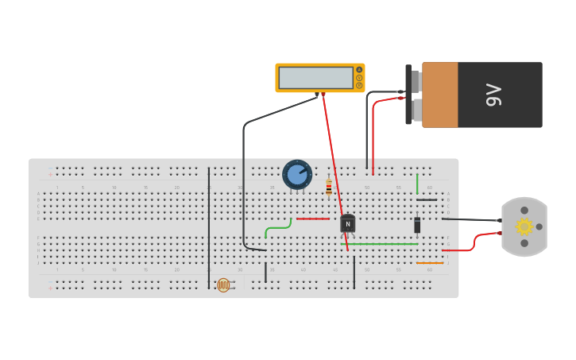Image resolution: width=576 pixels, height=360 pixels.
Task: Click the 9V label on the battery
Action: click(x=493, y=95)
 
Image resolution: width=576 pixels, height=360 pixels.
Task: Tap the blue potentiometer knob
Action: click(x=296, y=174)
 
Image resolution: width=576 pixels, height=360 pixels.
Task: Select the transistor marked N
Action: click(x=347, y=224)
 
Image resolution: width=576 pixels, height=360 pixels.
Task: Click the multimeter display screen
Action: click(x=315, y=78)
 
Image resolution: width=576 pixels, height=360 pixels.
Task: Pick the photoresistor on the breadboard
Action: click(x=223, y=285)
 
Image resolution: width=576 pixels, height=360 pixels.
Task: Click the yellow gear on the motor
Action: click(x=524, y=226)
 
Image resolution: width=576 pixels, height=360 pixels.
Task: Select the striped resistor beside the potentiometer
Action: click(x=329, y=188)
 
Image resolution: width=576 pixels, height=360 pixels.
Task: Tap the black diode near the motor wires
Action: click(x=417, y=225)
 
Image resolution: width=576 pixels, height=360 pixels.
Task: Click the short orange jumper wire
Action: click(x=430, y=263)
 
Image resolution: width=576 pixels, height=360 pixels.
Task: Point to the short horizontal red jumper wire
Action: click(x=312, y=219)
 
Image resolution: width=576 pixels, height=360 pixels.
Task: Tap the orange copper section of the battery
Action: click(x=440, y=95)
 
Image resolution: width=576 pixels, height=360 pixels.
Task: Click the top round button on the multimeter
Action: click(x=359, y=70)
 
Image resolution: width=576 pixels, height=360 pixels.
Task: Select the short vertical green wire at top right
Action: click(x=417, y=184)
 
